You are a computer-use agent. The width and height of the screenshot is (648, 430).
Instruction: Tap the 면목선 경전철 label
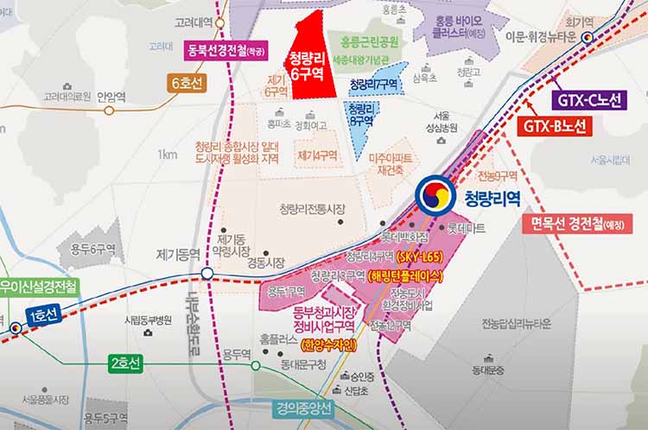click(x=579, y=224)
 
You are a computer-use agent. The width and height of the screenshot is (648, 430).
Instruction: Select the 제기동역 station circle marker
click(x=208, y=275)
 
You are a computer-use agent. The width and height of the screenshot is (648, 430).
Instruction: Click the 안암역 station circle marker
click(x=109, y=110)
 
